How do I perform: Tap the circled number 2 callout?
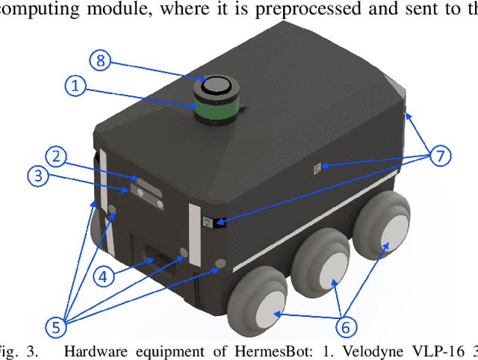click(x=55, y=156)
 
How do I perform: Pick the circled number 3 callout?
click(x=39, y=177)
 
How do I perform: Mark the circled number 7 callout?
click(x=440, y=156)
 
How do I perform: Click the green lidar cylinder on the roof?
click(x=214, y=103)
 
